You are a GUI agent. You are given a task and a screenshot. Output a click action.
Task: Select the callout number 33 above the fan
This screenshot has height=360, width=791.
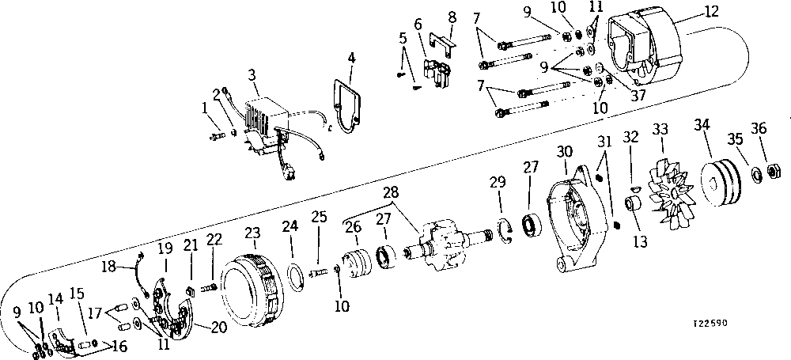pyautogui.click(x=660, y=129)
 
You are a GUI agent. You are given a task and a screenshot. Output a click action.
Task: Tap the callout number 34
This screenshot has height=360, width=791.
pyautogui.click(x=702, y=124)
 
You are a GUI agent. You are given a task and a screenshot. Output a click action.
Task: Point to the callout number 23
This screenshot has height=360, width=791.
pyautogui.click(x=252, y=233)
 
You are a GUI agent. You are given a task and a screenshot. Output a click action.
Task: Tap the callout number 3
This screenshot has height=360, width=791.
pyautogui.click(x=252, y=76)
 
